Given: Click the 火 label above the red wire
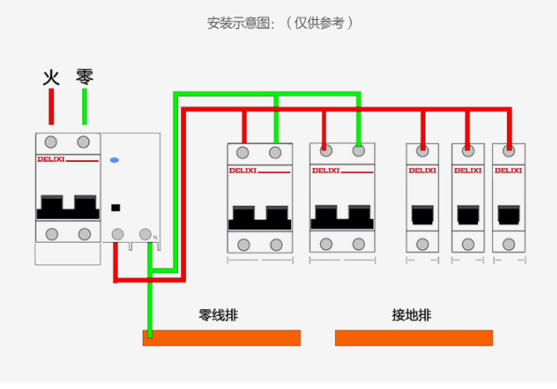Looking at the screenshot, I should (x=52, y=77).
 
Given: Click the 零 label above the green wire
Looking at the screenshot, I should (x=84, y=76).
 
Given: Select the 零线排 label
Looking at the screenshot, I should (x=219, y=315).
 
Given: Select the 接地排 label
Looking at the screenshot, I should (x=412, y=315).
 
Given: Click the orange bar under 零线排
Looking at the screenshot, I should (x=221, y=337).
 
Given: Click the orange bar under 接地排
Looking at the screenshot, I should (x=413, y=337).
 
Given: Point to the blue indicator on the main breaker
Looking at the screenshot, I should (x=115, y=159).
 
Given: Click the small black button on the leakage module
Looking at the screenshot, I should (x=116, y=207).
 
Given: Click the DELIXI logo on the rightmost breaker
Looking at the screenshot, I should (x=508, y=170).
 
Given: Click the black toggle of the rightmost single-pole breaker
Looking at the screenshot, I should (x=508, y=216).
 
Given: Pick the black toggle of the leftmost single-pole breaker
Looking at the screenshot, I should (x=422, y=216).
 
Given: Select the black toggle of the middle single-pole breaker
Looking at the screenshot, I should (x=468, y=216).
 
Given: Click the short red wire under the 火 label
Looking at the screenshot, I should (x=52, y=106).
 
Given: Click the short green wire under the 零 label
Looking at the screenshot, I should (x=84, y=106).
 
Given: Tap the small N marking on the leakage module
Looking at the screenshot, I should (x=155, y=239).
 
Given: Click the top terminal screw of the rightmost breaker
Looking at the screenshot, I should (x=509, y=150).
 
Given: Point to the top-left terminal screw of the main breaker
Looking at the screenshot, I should (x=52, y=141).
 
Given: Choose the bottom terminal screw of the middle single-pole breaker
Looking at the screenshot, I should (x=468, y=244).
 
